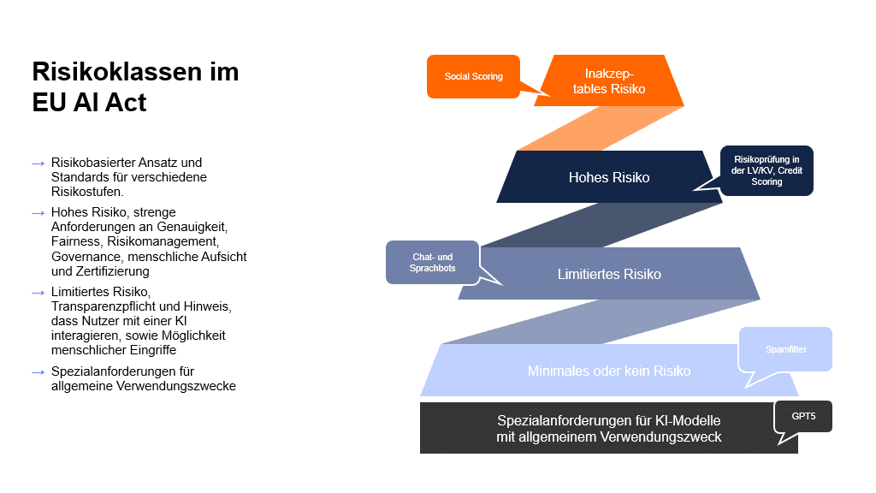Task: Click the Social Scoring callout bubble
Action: tap(473, 76)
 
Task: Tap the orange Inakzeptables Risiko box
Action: tap(609, 80)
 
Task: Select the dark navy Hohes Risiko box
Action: tap(609, 177)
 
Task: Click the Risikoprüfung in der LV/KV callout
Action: tap(766, 169)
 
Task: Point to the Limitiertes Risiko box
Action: tap(609, 274)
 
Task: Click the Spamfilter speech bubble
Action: tap(785, 349)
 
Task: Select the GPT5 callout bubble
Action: tap(802, 416)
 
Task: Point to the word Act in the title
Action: tap(127, 102)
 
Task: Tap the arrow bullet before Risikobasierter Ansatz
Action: tap(38, 163)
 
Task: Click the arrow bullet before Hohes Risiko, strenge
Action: tap(38, 212)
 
